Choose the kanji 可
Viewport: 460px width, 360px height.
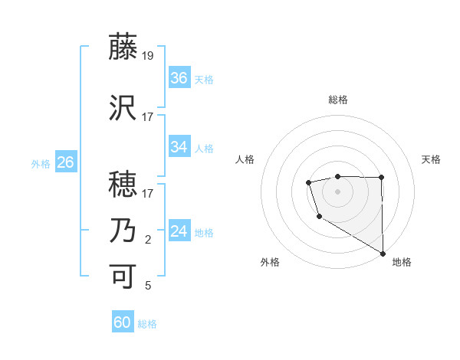123,276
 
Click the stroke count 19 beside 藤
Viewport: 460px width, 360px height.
148,55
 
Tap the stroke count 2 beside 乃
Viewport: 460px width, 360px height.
148,240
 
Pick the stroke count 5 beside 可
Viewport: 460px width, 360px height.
148,286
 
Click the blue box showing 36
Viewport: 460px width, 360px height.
179,78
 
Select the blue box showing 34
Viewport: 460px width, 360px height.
179,147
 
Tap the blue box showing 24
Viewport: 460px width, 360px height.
179,232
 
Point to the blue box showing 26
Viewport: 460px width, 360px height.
65,162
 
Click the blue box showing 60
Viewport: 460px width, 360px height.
123,322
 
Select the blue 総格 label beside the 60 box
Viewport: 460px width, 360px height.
147,324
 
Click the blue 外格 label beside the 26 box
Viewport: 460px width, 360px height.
40,163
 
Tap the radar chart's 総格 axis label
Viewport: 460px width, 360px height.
337,100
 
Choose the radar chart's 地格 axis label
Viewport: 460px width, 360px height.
402,262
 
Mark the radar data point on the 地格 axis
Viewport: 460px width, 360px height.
383,254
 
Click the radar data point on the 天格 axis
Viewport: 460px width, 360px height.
382,178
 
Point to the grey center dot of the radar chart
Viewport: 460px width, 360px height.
337,190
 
